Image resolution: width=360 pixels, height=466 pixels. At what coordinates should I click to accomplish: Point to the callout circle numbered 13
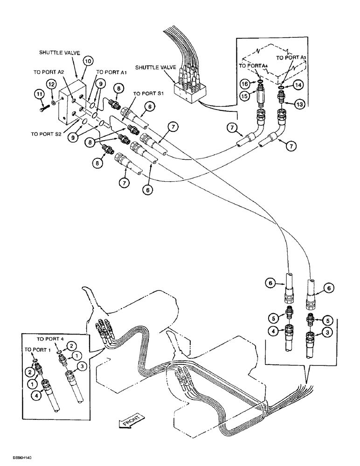(x=299, y=104)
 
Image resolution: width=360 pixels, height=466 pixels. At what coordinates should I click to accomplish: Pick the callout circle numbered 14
(x=298, y=85)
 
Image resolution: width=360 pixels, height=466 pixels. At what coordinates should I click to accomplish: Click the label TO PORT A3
(x=291, y=57)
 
